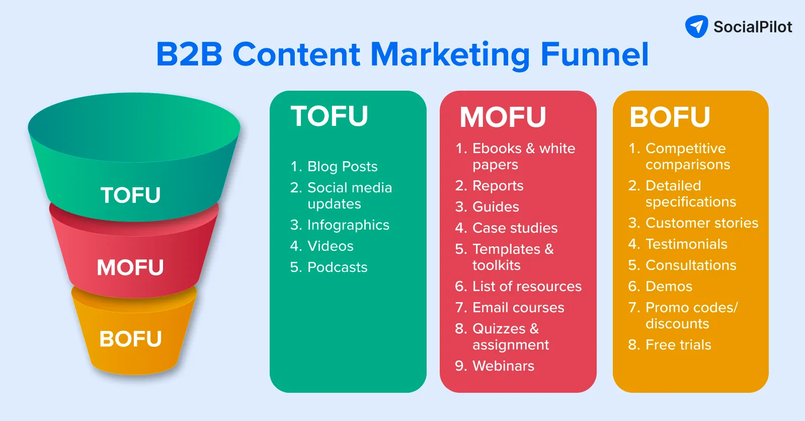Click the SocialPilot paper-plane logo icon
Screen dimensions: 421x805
pyautogui.click(x=696, y=27)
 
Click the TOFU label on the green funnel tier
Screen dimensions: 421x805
pyautogui.click(x=130, y=195)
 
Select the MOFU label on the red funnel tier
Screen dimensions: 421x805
pyautogui.click(x=130, y=267)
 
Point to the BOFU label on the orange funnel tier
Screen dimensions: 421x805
pyautogui.click(x=130, y=339)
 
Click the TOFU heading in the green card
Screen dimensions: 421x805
pyautogui.click(x=330, y=116)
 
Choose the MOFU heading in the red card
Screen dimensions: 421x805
pyautogui.click(x=503, y=117)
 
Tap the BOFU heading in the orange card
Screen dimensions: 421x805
pyautogui.click(x=670, y=117)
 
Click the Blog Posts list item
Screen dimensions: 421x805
pyautogui.click(x=342, y=167)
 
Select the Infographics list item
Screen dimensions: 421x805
pyautogui.click(x=348, y=225)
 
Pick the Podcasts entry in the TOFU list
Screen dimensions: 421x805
pyautogui.click(x=337, y=267)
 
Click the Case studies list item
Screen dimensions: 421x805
pyautogui.click(x=515, y=228)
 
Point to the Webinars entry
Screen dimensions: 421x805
pyautogui.click(x=503, y=366)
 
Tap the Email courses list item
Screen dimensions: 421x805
pyautogui.click(x=518, y=308)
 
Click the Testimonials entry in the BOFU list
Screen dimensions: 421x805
pyautogui.click(x=686, y=244)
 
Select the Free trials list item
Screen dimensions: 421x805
pyautogui.click(x=678, y=345)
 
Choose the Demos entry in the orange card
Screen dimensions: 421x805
pyautogui.click(x=669, y=287)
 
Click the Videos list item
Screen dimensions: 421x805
pyautogui.click(x=330, y=246)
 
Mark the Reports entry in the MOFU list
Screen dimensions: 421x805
pyautogui.click(x=498, y=186)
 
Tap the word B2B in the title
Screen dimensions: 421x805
pyautogui.click(x=189, y=54)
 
